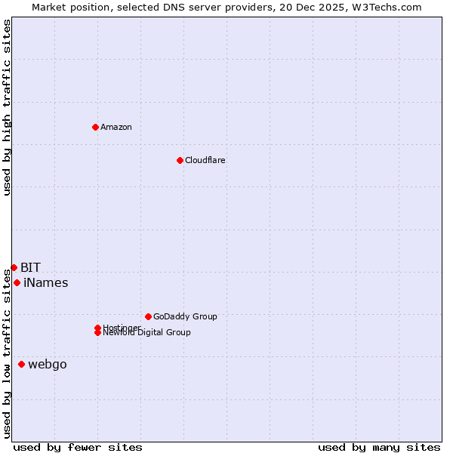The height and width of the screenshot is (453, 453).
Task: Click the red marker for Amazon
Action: point(95,127)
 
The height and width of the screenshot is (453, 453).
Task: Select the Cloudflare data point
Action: point(180,160)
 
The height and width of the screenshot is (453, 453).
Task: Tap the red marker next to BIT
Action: point(14,267)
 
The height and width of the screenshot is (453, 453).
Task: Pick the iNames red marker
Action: point(17,282)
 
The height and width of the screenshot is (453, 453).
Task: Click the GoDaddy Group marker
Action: point(148,316)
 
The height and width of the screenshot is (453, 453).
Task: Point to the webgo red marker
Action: point(21,364)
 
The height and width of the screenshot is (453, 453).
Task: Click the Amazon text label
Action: point(116,127)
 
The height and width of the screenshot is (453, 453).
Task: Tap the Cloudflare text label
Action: point(205,160)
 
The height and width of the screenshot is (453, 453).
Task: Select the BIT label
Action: point(30,267)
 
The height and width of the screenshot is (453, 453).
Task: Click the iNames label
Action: point(46,283)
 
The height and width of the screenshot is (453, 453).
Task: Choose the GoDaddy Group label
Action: point(185,316)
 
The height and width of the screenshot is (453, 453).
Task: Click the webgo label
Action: point(48,365)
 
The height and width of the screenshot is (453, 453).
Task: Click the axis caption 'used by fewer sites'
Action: point(78,447)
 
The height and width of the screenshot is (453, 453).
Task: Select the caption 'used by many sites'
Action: point(379,447)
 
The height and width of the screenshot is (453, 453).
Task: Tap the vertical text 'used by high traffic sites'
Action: point(7,107)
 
